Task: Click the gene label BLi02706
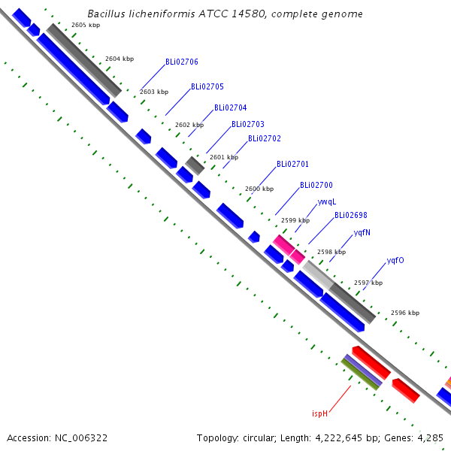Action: (x=181, y=62)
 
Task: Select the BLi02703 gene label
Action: (x=247, y=124)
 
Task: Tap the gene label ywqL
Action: (x=327, y=202)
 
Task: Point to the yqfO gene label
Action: (x=395, y=260)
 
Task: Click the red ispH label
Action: (x=320, y=413)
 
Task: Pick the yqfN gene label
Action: (x=362, y=232)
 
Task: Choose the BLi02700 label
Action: (x=316, y=185)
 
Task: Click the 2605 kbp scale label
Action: (x=86, y=25)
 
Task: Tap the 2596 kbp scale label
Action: (x=405, y=313)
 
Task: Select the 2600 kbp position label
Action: (x=259, y=189)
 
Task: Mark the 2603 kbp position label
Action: (x=154, y=92)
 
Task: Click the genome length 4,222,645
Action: (x=338, y=438)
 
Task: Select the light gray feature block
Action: (x=318, y=274)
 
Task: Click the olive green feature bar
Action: (x=359, y=374)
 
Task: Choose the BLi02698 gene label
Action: (x=350, y=216)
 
